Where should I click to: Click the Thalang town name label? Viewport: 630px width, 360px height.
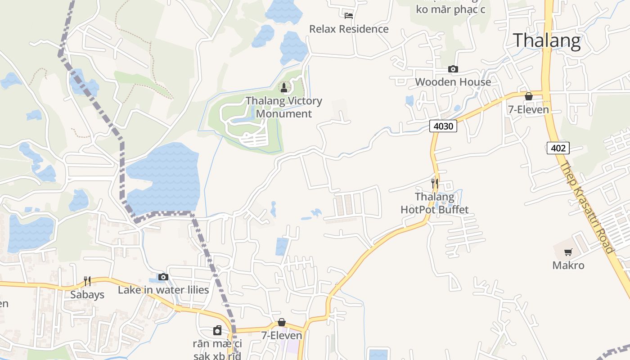547,40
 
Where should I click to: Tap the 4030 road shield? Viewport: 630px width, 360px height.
443,126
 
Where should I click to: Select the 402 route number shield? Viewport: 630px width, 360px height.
558,148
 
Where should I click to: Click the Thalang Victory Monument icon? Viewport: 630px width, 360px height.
284,87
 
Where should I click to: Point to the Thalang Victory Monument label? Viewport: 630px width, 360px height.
284,107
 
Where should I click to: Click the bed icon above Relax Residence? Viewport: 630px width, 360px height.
349,16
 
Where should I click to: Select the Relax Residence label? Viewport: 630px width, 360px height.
349,29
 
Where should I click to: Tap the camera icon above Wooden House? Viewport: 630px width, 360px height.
453,69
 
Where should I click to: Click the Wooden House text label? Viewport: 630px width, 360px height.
453,82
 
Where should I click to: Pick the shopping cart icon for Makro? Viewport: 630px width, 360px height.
568,252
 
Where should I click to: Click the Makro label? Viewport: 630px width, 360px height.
568,265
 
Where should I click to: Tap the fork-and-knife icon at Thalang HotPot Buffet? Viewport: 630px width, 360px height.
434,183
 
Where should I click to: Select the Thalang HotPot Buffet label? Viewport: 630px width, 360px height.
435,203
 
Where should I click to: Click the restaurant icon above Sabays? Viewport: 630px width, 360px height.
87,281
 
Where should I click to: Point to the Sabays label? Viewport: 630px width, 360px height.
87,295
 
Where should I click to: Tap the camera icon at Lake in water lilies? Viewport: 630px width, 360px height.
163,277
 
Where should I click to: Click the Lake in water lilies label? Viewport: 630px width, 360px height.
163,290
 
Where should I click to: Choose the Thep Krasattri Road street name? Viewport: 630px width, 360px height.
587,207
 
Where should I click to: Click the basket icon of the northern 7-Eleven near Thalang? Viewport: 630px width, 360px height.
529,96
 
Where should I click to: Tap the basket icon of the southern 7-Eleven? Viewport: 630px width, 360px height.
282,322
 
